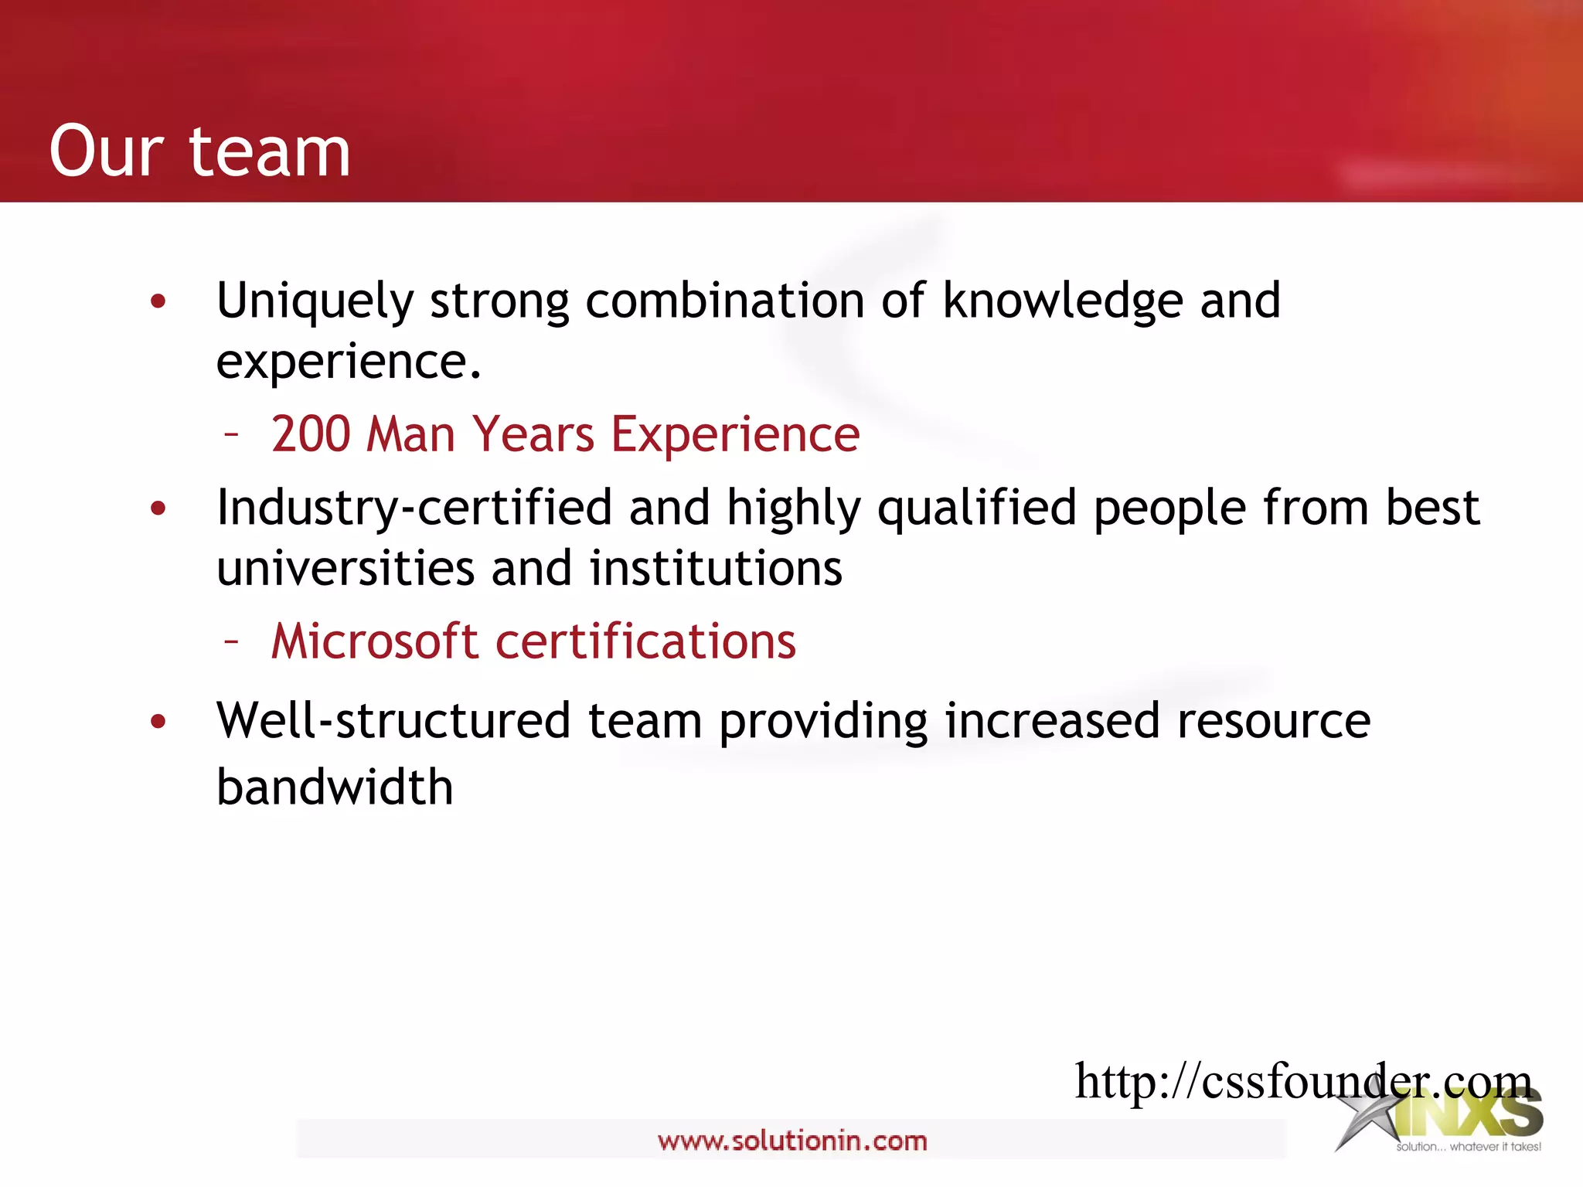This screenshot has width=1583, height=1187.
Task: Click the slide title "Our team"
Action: [199, 151]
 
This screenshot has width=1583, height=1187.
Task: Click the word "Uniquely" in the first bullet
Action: [315, 301]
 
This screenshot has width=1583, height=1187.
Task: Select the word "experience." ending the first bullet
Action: [349, 362]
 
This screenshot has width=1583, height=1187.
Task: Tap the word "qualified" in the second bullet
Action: [977, 509]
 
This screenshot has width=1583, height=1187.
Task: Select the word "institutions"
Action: [716, 569]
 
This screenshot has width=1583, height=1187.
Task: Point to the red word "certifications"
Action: [645, 641]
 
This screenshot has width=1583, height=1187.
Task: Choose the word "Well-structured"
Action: [393, 721]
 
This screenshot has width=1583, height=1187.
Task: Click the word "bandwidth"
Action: [335, 787]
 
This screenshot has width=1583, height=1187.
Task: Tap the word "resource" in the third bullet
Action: [1274, 721]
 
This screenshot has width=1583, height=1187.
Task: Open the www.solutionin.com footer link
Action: [792, 1141]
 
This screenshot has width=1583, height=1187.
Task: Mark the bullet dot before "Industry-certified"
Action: [158, 508]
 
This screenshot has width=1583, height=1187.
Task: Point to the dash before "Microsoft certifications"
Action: [231, 641]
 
